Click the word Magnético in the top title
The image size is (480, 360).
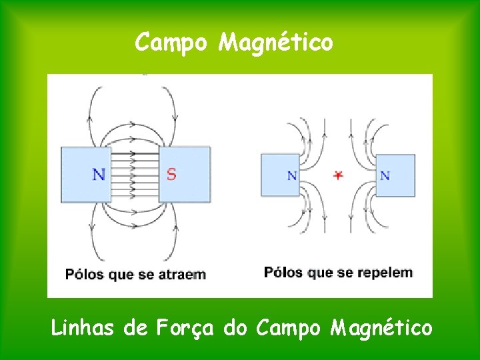(276, 43)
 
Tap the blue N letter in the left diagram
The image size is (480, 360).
(99, 175)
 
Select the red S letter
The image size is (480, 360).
(171, 175)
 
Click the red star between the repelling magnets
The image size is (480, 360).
(338, 175)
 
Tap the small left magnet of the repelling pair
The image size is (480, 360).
(280, 175)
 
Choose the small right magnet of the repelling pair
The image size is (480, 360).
(395, 175)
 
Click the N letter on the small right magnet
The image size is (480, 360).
(385, 176)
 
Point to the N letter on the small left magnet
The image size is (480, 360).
(291, 176)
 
